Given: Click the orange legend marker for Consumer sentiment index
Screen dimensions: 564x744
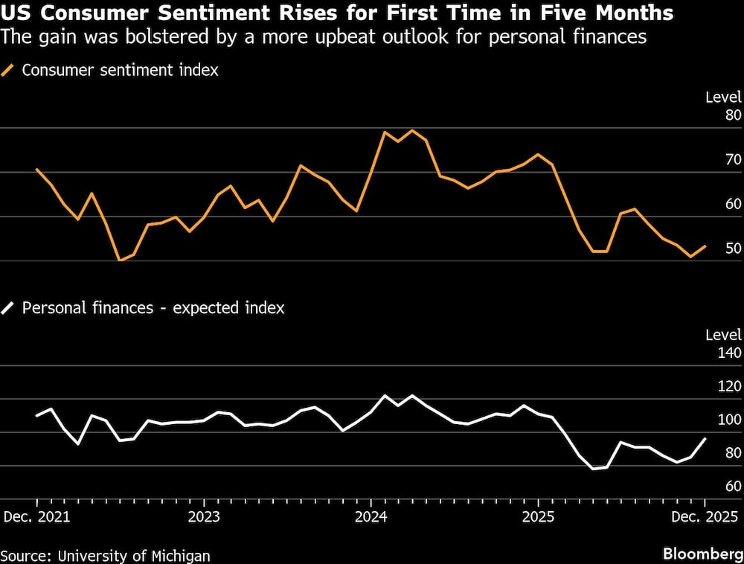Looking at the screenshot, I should (8, 71).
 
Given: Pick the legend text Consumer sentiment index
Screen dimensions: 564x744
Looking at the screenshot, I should (120, 71).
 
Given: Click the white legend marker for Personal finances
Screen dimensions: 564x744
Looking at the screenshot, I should (8, 307).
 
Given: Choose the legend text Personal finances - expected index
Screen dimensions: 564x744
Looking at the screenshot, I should (153, 307).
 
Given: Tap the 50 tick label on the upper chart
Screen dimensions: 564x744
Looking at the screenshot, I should (733, 248).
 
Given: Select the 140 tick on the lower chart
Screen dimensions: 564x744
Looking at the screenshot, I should (729, 353).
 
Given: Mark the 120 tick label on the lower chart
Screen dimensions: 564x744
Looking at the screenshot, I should (729, 386).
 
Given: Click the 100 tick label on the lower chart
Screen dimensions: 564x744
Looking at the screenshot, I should (729, 420).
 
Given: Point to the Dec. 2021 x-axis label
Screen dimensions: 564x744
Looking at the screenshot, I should (37, 516).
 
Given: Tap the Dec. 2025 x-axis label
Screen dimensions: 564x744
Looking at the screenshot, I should (704, 516).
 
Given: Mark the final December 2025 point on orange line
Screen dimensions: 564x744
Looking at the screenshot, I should (705, 246).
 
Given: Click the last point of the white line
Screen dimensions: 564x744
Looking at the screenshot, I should (705, 439).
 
